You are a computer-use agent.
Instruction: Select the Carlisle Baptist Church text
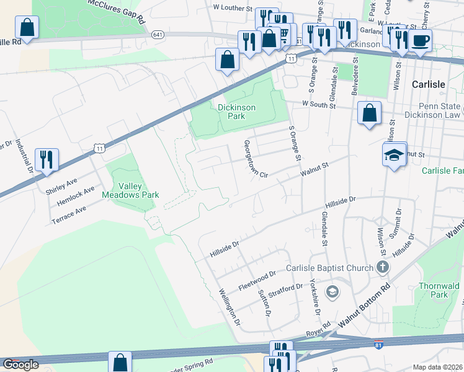(329, 268)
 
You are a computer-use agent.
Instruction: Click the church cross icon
(383, 267)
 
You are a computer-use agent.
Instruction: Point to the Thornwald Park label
(439, 290)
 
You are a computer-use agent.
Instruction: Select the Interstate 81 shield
(378, 343)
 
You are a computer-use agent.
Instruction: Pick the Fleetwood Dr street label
(257, 281)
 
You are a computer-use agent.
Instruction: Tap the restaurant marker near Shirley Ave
(47, 160)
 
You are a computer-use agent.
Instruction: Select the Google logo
(20, 365)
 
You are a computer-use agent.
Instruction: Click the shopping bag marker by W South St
(369, 114)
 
